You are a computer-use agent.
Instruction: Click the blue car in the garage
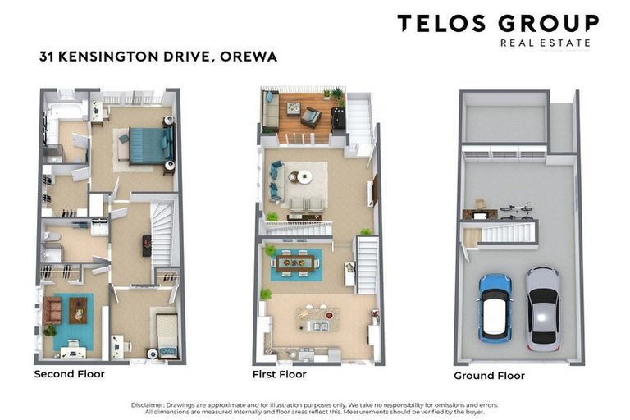pyautogui.click(x=495, y=307)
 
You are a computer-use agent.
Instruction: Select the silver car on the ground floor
pyautogui.click(x=542, y=308)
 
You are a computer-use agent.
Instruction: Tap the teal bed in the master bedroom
pyautogui.click(x=148, y=144)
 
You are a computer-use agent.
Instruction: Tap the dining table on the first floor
pyautogui.click(x=296, y=263)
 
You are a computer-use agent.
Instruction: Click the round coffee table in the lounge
pyautogui.click(x=304, y=176)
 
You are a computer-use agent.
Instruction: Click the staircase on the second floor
pyautogui.click(x=162, y=234)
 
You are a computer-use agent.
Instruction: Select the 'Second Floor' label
pyautogui.click(x=69, y=374)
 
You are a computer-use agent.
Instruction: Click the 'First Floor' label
pyautogui.click(x=279, y=374)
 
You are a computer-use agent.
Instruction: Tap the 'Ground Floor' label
pyautogui.click(x=489, y=376)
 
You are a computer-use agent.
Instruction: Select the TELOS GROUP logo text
pyautogui.click(x=498, y=24)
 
